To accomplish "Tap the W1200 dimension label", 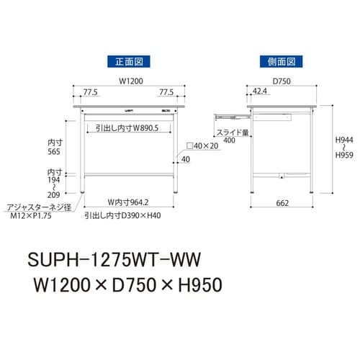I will (125, 81).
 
